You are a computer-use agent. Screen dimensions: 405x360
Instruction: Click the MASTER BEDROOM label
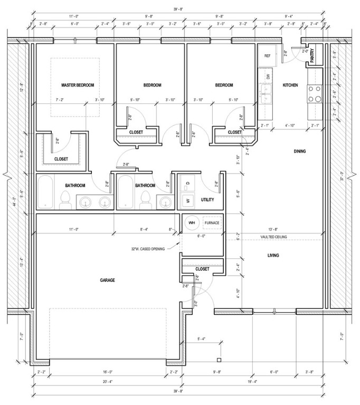(x=78, y=85)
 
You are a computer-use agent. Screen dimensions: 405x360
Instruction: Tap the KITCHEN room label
(x=290, y=85)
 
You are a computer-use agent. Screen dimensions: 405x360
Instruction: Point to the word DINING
(x=300, y=152)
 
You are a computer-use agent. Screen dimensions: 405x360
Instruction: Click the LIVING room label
(x=273, y=256)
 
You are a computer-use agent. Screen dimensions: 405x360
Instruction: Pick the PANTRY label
(x=312, y=56)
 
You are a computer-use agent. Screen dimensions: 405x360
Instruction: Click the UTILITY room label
(x=207, y=199)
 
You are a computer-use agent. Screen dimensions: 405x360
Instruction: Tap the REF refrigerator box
(x=267, y=55)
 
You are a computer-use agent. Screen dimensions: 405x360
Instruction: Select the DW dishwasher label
(x=268, y=77)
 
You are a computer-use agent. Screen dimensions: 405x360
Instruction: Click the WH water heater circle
(x=192, y=223)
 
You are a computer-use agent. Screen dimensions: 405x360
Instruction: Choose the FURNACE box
(x=212, y=223)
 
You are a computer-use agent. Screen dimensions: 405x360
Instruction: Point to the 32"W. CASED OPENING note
(x=151, y=249)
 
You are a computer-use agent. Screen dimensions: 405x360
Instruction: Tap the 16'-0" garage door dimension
(x=108, y=372)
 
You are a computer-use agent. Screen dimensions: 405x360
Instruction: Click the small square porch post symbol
(x=218, y=360)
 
